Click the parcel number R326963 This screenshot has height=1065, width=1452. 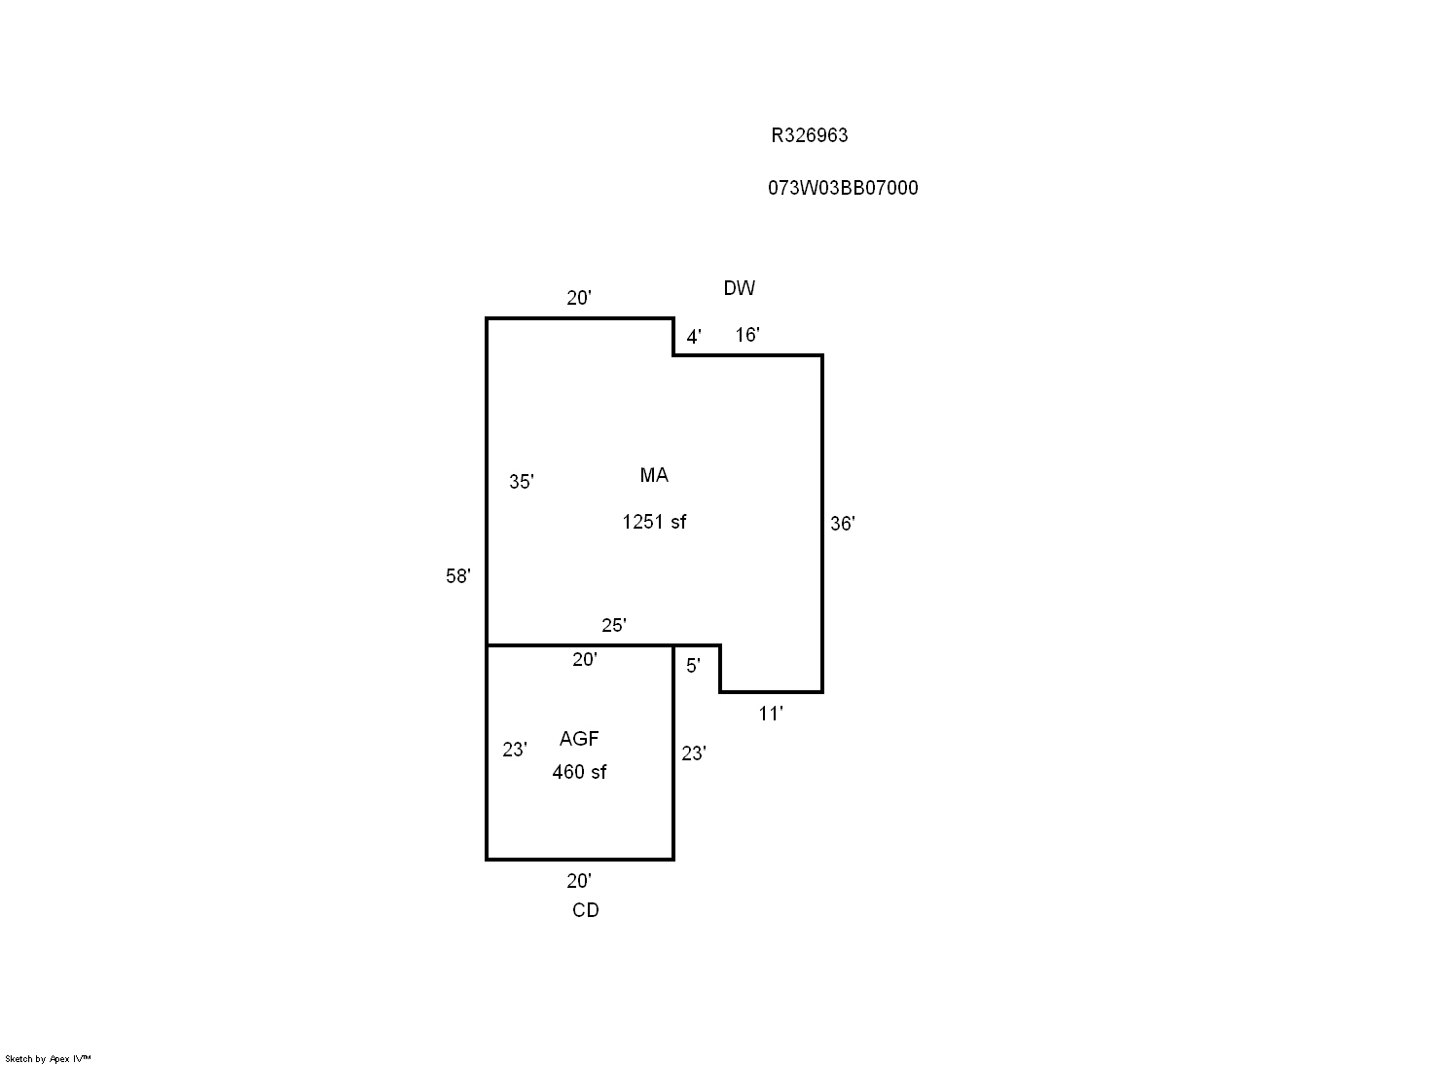[809, 136]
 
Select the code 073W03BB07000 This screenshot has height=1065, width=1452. [843, 188]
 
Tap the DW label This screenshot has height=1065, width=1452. [739, 288]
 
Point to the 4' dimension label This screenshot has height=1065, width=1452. [693, 338]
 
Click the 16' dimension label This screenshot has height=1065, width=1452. [746, 336]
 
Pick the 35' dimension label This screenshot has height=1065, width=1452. [521, 482]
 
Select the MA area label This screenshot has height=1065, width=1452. [654, 475]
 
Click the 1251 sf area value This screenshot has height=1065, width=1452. [654, 522]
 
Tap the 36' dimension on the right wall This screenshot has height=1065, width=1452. [842, 524]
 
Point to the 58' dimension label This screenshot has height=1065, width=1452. [457, 576]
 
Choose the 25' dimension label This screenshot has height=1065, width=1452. [613, 625]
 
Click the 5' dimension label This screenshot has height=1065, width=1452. [693, 666]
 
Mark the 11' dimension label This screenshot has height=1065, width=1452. [770, 715]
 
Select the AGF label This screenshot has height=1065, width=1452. [579, 739]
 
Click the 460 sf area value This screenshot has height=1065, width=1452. [579, 772]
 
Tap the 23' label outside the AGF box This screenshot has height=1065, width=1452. [693, 753]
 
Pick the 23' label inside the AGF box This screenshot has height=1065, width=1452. [514, 750]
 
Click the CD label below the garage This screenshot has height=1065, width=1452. [585, 910]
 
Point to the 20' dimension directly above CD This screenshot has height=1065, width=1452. [578, 881]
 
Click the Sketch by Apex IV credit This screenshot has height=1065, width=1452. [48, 1058]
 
